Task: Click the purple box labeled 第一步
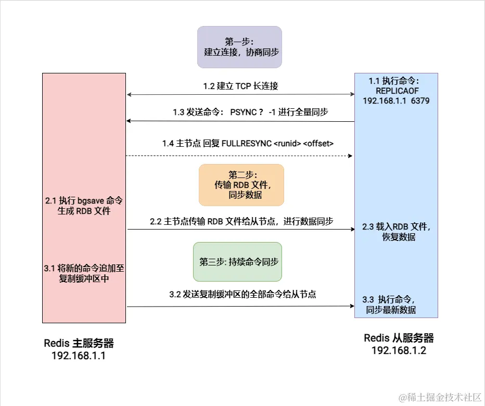(239, 47)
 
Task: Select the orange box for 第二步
(241, 185)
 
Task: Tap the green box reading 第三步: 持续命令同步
(237, 262)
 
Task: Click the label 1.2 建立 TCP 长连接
(240, 86)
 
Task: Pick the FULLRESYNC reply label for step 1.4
(247, 143)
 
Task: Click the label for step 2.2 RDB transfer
(241, 221)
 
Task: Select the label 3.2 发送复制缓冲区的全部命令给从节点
(242, 294)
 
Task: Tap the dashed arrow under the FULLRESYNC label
(239, 156)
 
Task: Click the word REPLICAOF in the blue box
(397, 91)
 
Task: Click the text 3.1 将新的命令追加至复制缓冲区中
(84, 273)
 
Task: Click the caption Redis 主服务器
(79, 344)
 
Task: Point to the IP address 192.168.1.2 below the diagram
(399, 350)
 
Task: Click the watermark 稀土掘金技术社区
(442, 397)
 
